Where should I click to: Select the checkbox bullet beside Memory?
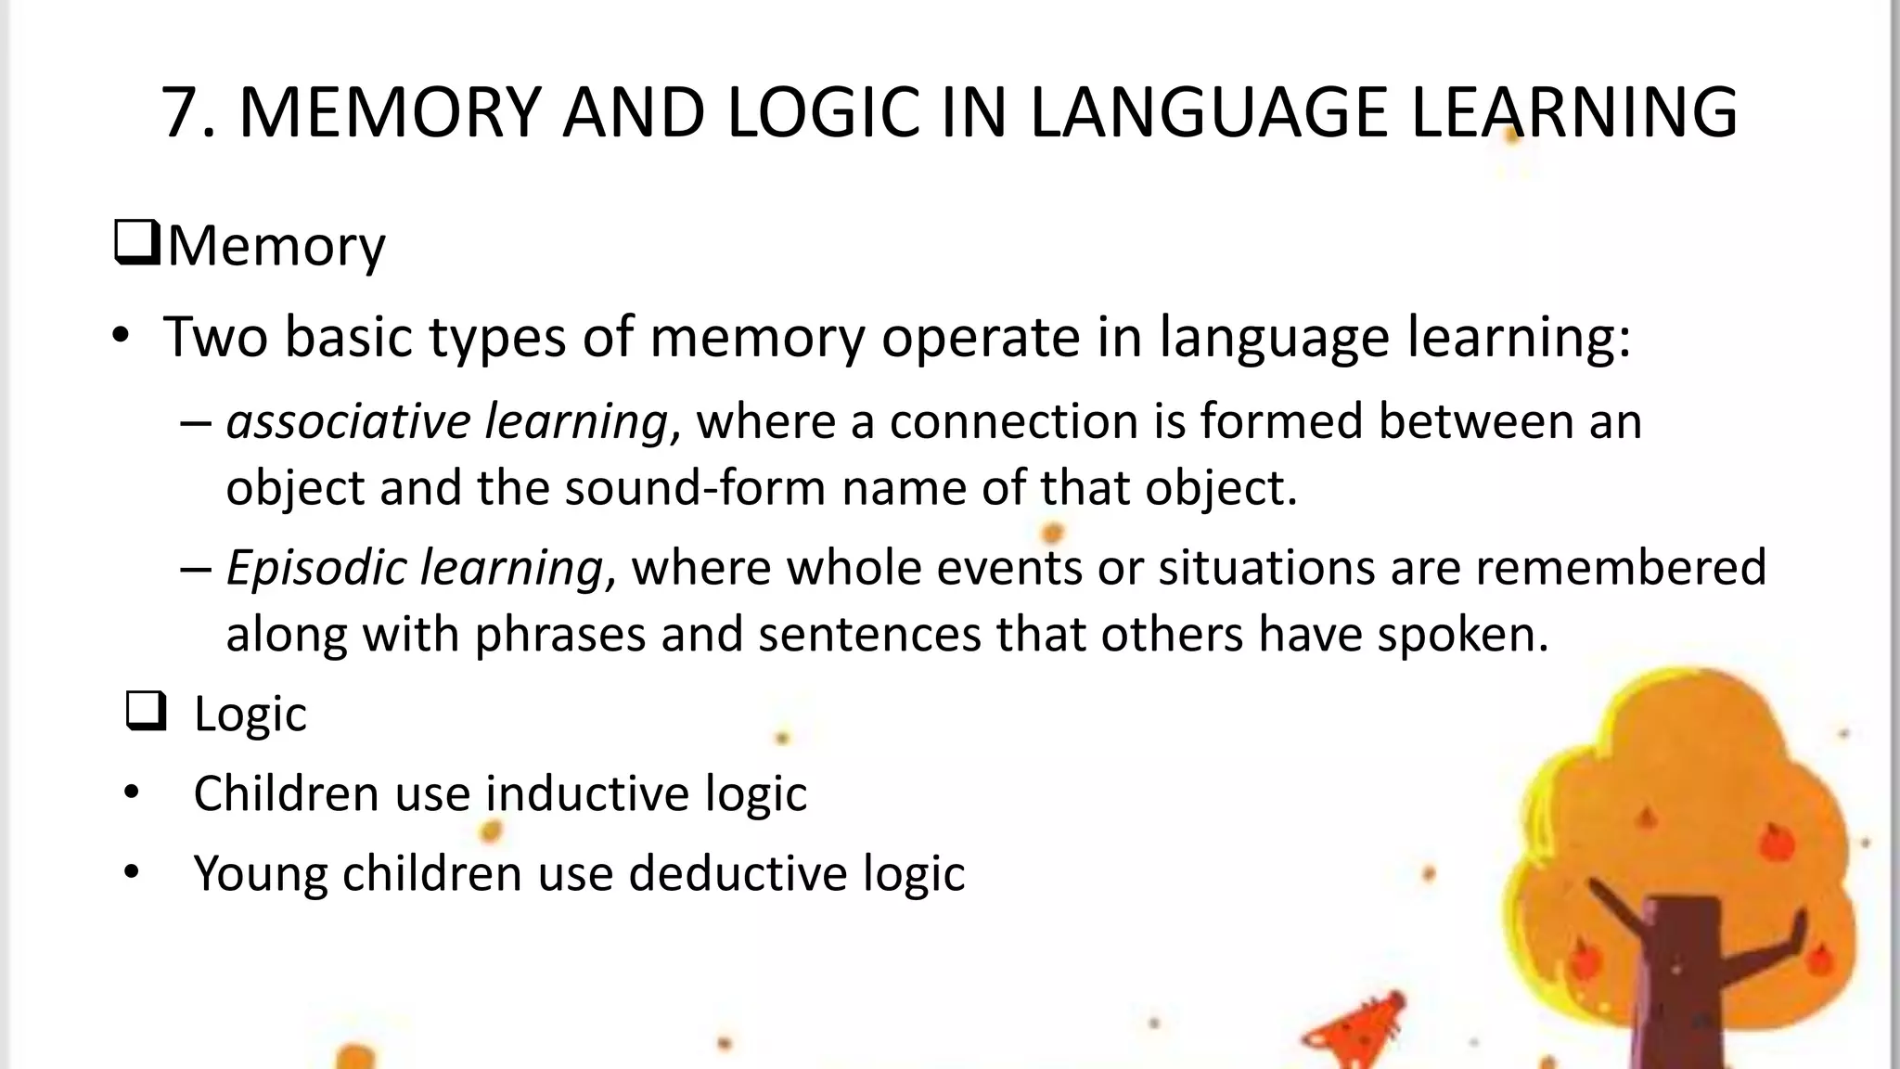[x=137, y=243]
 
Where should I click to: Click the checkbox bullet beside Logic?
[x=146, y=712]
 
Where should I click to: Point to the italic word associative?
[x=347, y=421]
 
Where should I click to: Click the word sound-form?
[x=694, y=488]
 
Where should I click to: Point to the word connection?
[x=1013, y=421]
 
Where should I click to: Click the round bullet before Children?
[x=132, y=794]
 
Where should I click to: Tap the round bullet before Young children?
[x=132, y=873]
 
